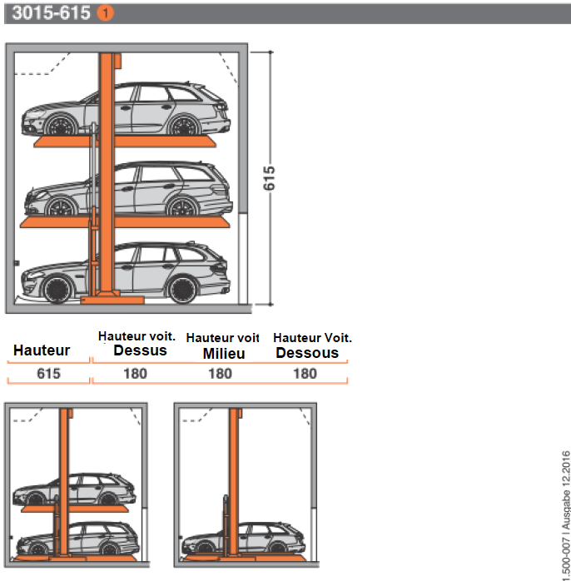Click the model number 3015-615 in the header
coord(50,13)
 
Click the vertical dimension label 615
coord(269,177)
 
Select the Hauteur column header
coord(42,351)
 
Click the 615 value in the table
coord(48,374)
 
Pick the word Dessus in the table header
coord(140,350)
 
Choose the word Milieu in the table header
coord(224,353)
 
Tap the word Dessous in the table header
coord(307,353)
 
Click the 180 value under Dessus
coord(135,374)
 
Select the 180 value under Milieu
coord(220,374)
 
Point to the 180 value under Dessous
coord(305,374)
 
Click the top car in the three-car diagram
coord(125,112)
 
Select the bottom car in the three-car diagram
coord(125,273)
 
